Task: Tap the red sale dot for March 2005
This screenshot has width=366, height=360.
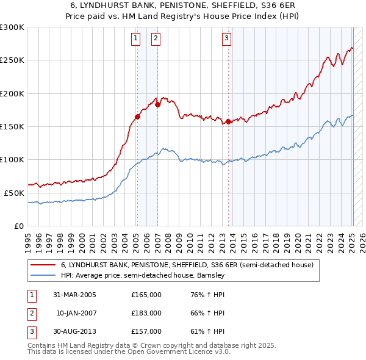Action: pyautogui.click(x=137, y=117)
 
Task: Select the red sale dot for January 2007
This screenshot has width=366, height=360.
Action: pyautogui.click(x=157, y=104)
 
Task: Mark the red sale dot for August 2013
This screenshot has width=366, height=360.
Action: pyautogui.click(x=228, y=121)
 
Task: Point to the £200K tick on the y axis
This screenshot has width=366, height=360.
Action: pyautogui.click(x=12, y=93)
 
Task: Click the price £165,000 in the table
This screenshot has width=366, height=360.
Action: pyautogui.click(x=146, y=295)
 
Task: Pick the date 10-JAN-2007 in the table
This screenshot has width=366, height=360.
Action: pyautogui.click(x=76, y=313)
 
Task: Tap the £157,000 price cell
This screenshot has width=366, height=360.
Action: pyautogui.click(x=146, y=331)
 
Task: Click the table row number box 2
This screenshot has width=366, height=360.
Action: pyautogui.click(x=30, y=313)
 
